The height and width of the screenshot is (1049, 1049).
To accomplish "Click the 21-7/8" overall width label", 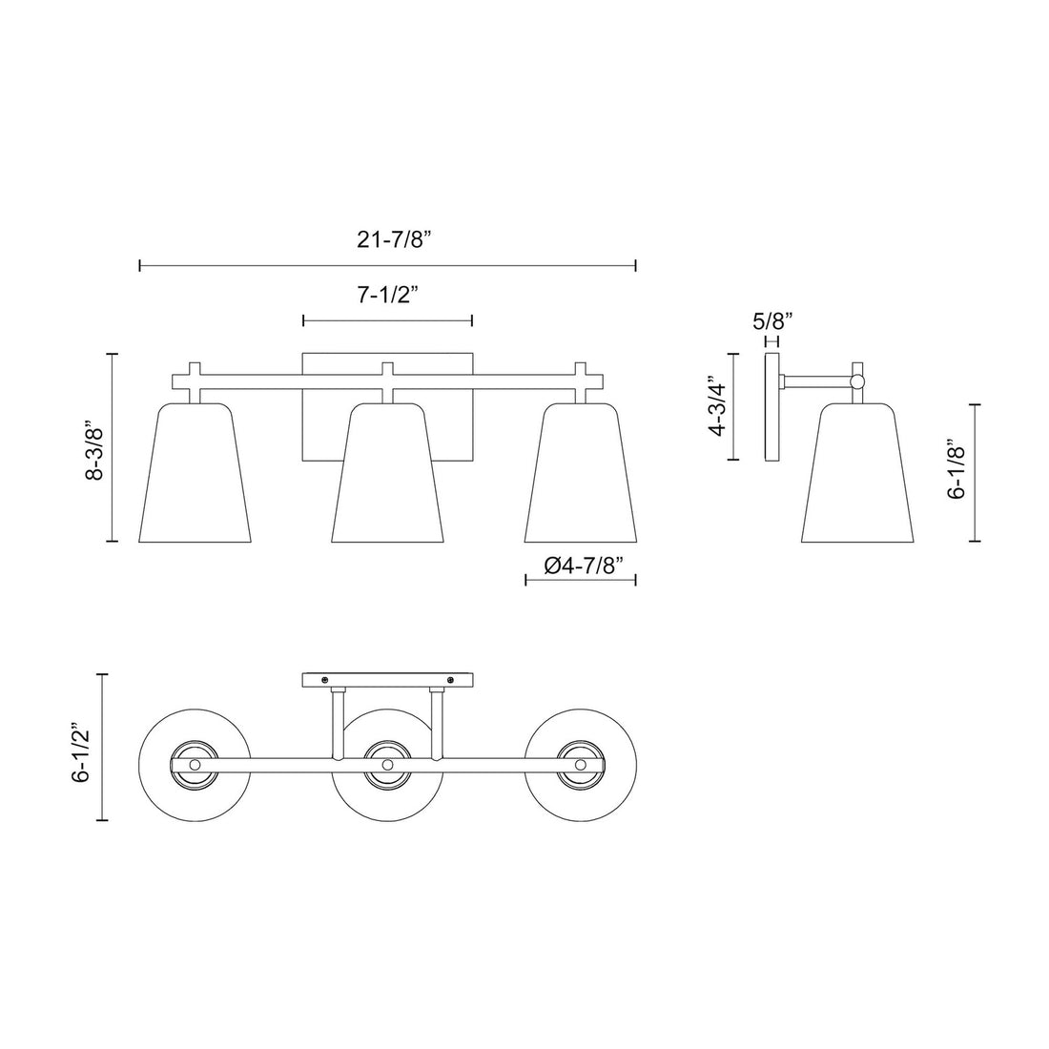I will [x=388, y=240].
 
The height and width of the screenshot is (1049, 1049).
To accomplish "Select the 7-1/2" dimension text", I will [x=388, y=296].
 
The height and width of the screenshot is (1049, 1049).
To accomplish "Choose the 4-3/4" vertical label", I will [x=718, y=406].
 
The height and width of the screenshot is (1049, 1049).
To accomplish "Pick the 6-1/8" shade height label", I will [x=956, y=470].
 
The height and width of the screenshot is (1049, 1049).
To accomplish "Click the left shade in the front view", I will [x=195, y=477].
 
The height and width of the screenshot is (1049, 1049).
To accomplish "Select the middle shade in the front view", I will [x=387, y=477].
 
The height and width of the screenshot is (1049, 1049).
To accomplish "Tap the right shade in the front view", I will [x=580, y=477].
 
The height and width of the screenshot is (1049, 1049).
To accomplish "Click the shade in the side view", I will [x=858, y=477].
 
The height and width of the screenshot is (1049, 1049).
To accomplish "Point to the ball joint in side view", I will [x=857, y=381].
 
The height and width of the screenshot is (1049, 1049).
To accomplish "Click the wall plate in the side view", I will [x=771, y=406].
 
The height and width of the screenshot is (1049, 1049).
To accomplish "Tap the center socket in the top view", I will [x=387, y=765].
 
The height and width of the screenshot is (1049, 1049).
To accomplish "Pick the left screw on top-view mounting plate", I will [x=325, y=680].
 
